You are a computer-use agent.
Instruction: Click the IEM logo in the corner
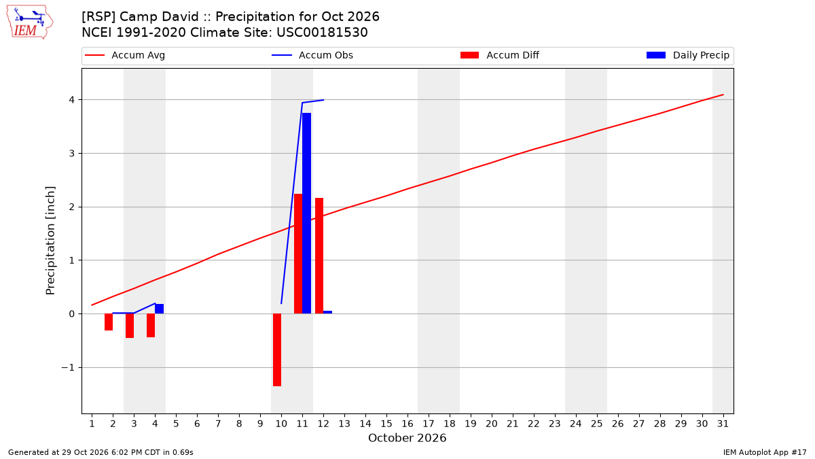(x=30, y=22)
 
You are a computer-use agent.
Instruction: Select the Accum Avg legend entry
(x=125, y=55)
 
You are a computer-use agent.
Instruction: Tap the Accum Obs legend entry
(x=312, y=55)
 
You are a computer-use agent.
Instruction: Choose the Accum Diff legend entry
(x=500, y=55)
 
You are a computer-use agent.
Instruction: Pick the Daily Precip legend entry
(x=688, y=55)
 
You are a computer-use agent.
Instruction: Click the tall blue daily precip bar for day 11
(x=307, y=213)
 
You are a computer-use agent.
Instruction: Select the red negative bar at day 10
(x=277, y=350)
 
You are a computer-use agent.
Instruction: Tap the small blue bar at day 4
(x=160, y=309)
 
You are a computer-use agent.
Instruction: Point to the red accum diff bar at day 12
(x=319, y=256)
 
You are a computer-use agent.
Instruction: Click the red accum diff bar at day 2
(x=109, y=322)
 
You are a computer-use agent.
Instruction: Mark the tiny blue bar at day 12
(x=328, y=312)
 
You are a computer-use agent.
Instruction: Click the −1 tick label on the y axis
(x=68, y=368)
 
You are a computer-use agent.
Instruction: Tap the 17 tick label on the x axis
(x=429, y=424)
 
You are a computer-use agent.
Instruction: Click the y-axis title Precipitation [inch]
(x=50, y=241)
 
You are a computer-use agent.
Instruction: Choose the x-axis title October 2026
(x=407, y=438)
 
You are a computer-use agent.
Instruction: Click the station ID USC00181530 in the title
(x=322, y=33)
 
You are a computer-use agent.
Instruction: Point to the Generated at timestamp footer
(x=101, y=452)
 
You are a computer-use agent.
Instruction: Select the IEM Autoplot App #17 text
(x=765, y=452)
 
